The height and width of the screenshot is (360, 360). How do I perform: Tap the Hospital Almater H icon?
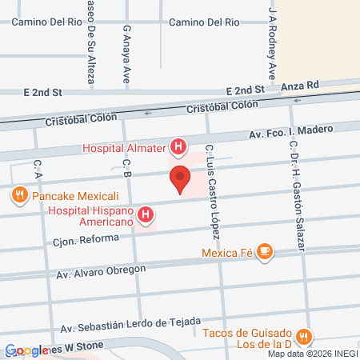pos(179,147)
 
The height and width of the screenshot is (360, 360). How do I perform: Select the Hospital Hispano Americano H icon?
pos(146,214)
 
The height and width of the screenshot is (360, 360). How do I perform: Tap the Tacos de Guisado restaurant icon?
pos(302,336)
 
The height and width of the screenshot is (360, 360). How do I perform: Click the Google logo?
pos(26,350)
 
